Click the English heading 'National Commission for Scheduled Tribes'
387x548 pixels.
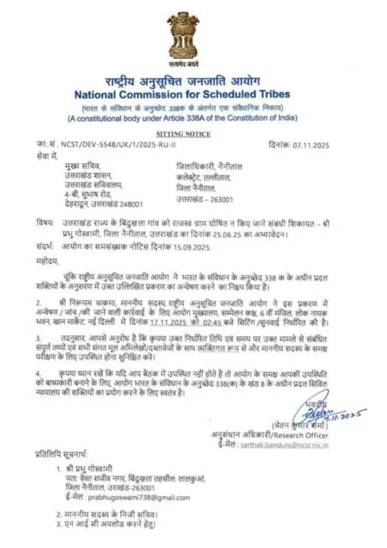point(182,95)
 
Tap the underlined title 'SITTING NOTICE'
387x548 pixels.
point(183,134)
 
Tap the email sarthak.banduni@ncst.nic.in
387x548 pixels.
point(292,445)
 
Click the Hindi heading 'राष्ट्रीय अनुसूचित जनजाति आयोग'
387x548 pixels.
point(182,81)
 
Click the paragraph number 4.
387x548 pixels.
point(39,371)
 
